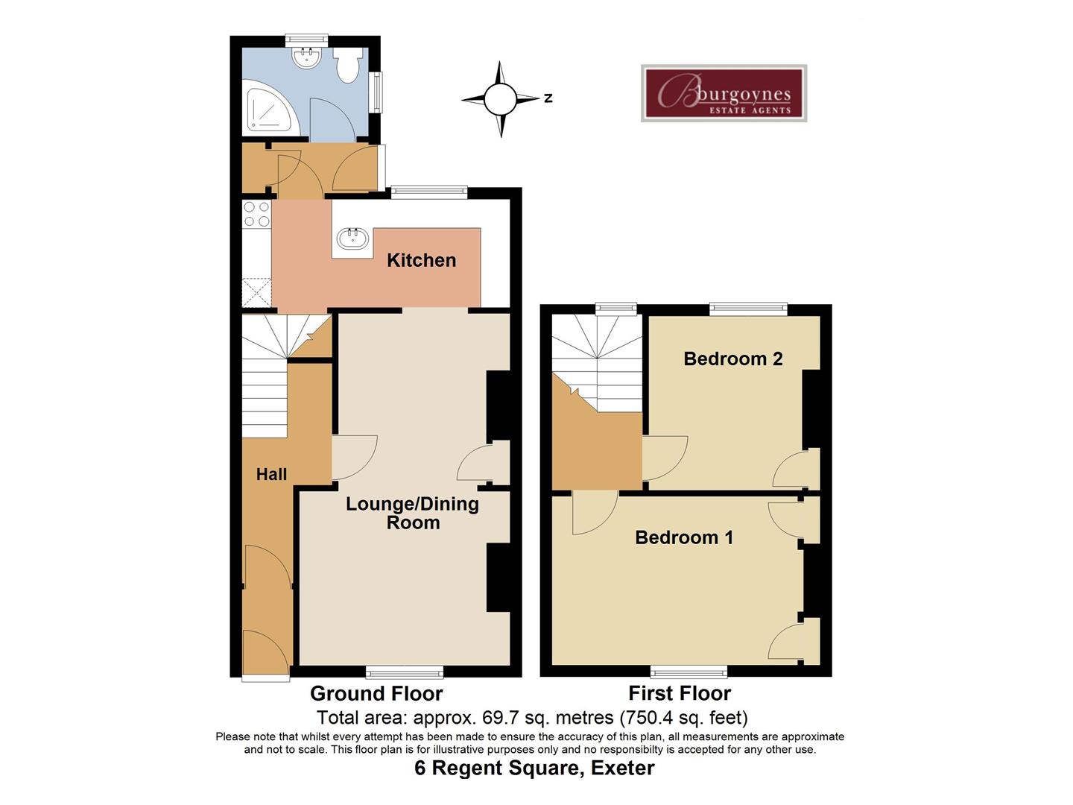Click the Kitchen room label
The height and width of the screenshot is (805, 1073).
pos(421,260)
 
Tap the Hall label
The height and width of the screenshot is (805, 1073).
pos(271,474)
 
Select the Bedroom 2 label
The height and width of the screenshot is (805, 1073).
pos(732,359)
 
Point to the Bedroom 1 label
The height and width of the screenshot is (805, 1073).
pos(683,537)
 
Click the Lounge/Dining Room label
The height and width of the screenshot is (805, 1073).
pos(412,513)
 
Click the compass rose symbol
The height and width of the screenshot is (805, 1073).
pos(500,98)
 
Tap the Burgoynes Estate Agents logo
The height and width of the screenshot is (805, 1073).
pos(724,93)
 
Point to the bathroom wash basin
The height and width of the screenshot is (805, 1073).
pos(306,57)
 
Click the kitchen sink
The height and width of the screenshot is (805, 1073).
pos(352,239)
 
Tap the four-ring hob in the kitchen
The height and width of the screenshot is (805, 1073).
pos(256,215)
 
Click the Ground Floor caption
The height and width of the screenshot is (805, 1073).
pos(376,694)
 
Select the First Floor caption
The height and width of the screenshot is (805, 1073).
pos(680,693)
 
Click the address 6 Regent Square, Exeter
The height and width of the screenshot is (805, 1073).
pos(534,768)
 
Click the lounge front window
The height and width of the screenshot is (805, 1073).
pos(405,672)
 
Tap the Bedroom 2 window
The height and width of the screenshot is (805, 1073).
pos(748,307)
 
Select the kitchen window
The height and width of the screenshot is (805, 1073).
pos(429,192)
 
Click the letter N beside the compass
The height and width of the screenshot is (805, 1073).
pos(548,98)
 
